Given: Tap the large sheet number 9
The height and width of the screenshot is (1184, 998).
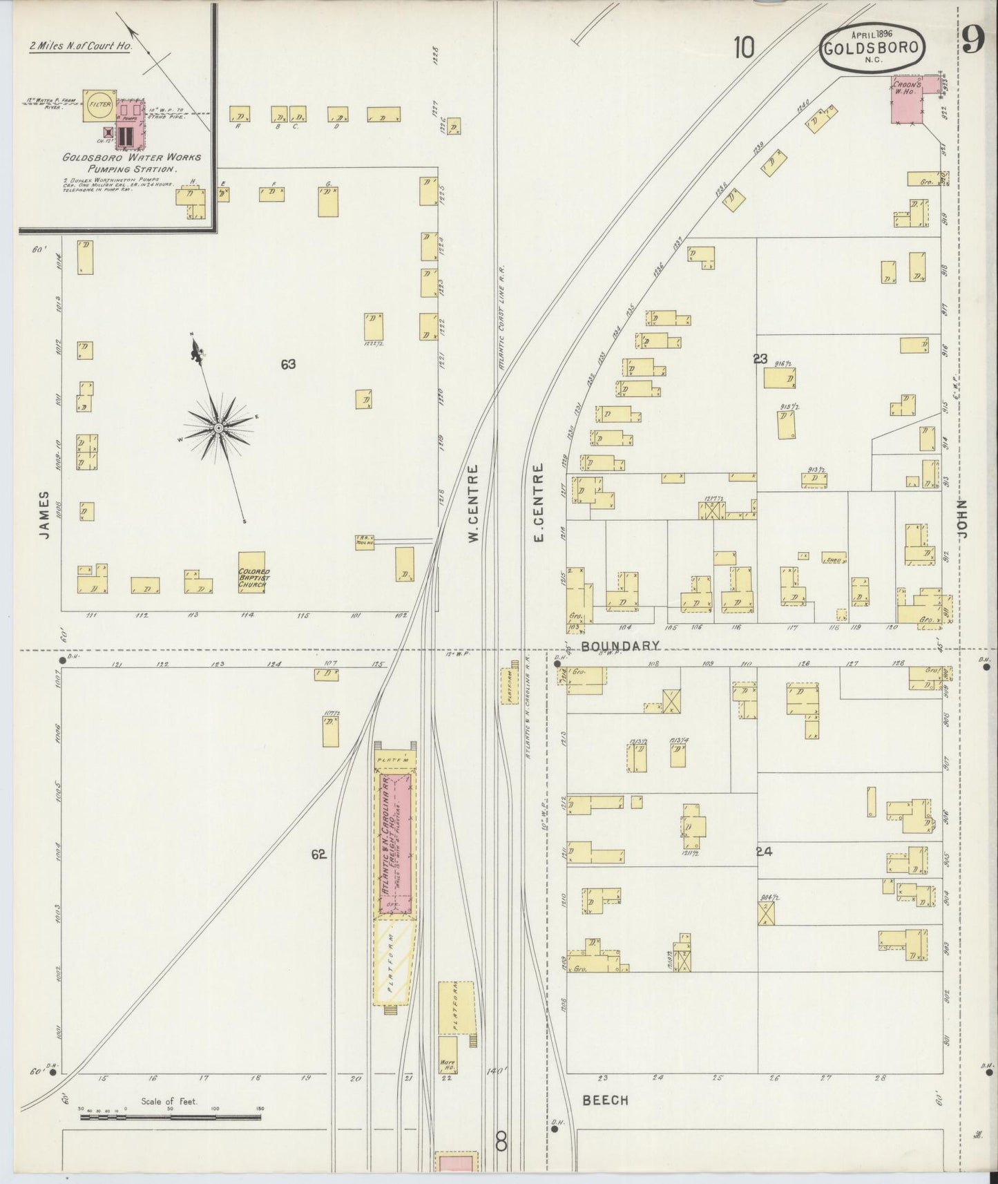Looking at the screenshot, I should pos(972,43).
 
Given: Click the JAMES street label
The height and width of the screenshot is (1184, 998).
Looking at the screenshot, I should pos(44,515).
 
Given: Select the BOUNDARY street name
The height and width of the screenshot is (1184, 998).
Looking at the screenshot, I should pos(620,645).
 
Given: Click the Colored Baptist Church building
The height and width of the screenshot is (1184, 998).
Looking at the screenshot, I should pos(252,573).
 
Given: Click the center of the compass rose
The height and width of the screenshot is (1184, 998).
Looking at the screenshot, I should pos(218,429).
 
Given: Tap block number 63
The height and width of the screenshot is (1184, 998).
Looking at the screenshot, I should pos(288,364).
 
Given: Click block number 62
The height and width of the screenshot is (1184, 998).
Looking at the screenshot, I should pos(318,854).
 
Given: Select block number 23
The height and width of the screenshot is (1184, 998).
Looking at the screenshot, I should pos(760,359).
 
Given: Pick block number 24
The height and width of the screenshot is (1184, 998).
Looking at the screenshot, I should pos(763,852).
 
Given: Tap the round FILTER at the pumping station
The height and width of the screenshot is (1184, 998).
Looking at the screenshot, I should pos(97,106).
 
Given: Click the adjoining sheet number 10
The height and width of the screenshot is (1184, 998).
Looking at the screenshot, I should pos(744,48).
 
